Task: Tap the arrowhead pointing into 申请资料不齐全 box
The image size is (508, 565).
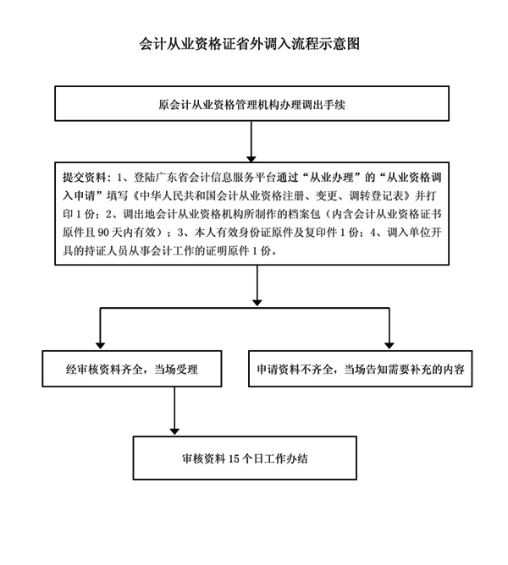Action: tap(389, 343)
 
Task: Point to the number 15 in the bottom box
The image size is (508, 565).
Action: tap(235, 459)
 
